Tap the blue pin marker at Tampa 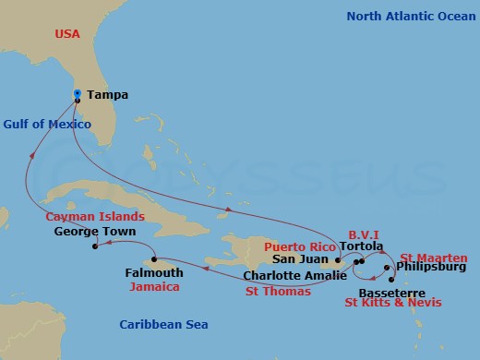[x=78, y=94]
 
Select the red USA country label [x=68, y=34]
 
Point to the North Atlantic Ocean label [x=410, y=16]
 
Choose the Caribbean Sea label [x=163, y=324]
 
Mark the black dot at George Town [x=96, y=246]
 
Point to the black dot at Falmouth [x=154, y=259]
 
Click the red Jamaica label [x=154, y=287]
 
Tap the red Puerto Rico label [x=299, y=247]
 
